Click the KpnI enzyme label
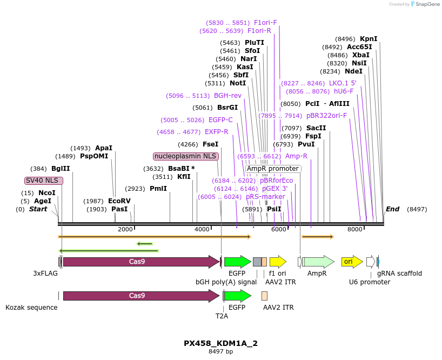(369, 39)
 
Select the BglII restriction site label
(61, 169)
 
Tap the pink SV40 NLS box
(43, 181)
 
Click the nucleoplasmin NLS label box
(186, 156)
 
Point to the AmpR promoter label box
(272, 169)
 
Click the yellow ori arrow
(352, 262)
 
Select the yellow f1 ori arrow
(277, 262)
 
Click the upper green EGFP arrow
(237, 262)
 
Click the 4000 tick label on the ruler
(202, 229)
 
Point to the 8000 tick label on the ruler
(354, 229)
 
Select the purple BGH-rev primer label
(227, 96)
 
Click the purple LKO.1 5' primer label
(343, 83)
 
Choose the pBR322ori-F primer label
(326, 116)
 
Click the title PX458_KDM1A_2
(220, 343)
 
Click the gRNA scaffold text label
(399, 274)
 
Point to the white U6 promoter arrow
(370, 262)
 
